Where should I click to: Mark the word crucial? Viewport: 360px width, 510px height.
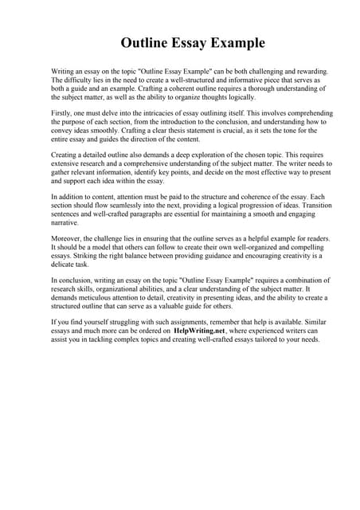[260, 134]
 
